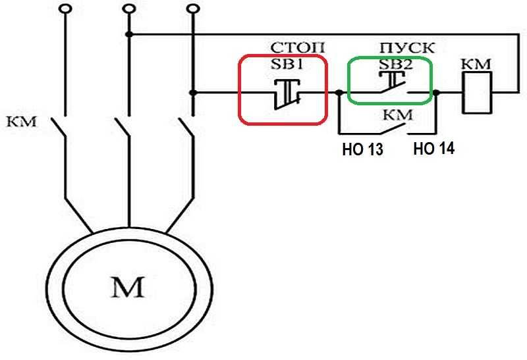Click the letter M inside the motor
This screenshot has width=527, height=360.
[x=129, y=288]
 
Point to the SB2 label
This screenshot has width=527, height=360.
[x=395, y=65]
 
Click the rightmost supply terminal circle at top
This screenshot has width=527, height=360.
[x=192, y=9]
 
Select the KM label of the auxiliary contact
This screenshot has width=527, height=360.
[x=397, y=115]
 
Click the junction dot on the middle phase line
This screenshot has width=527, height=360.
[x=130, y=34]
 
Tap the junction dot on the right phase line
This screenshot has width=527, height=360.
[x=192, y=93]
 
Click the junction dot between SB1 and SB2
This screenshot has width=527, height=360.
[x=338, y=93]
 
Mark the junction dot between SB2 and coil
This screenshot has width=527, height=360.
[x=436, y=93]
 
